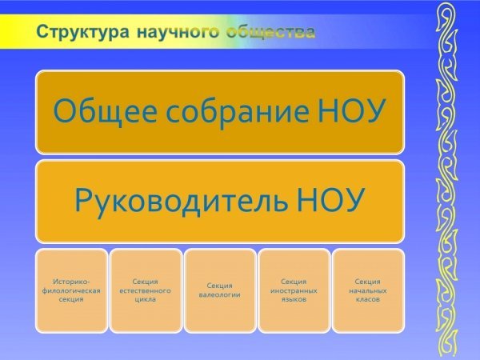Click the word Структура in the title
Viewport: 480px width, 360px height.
82,32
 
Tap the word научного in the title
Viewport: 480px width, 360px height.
178,32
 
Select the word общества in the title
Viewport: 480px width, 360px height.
271,32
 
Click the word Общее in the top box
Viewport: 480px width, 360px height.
105,111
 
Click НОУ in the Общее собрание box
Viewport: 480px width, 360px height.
351,111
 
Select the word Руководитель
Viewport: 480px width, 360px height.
182,200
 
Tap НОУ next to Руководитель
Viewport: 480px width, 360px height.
330,200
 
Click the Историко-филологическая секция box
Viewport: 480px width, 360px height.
72,290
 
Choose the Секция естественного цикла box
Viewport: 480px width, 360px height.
146,290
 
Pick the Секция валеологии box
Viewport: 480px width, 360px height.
220,290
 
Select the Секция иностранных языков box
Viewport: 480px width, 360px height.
294,290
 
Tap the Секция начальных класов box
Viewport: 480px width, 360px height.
368,290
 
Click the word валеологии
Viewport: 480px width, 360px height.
220,295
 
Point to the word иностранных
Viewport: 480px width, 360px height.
294,290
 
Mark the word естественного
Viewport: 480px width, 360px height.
145,290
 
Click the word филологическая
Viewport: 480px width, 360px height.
71,291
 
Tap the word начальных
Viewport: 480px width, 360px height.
368,290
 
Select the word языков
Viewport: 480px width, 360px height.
294,299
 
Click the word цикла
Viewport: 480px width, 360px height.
146,299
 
